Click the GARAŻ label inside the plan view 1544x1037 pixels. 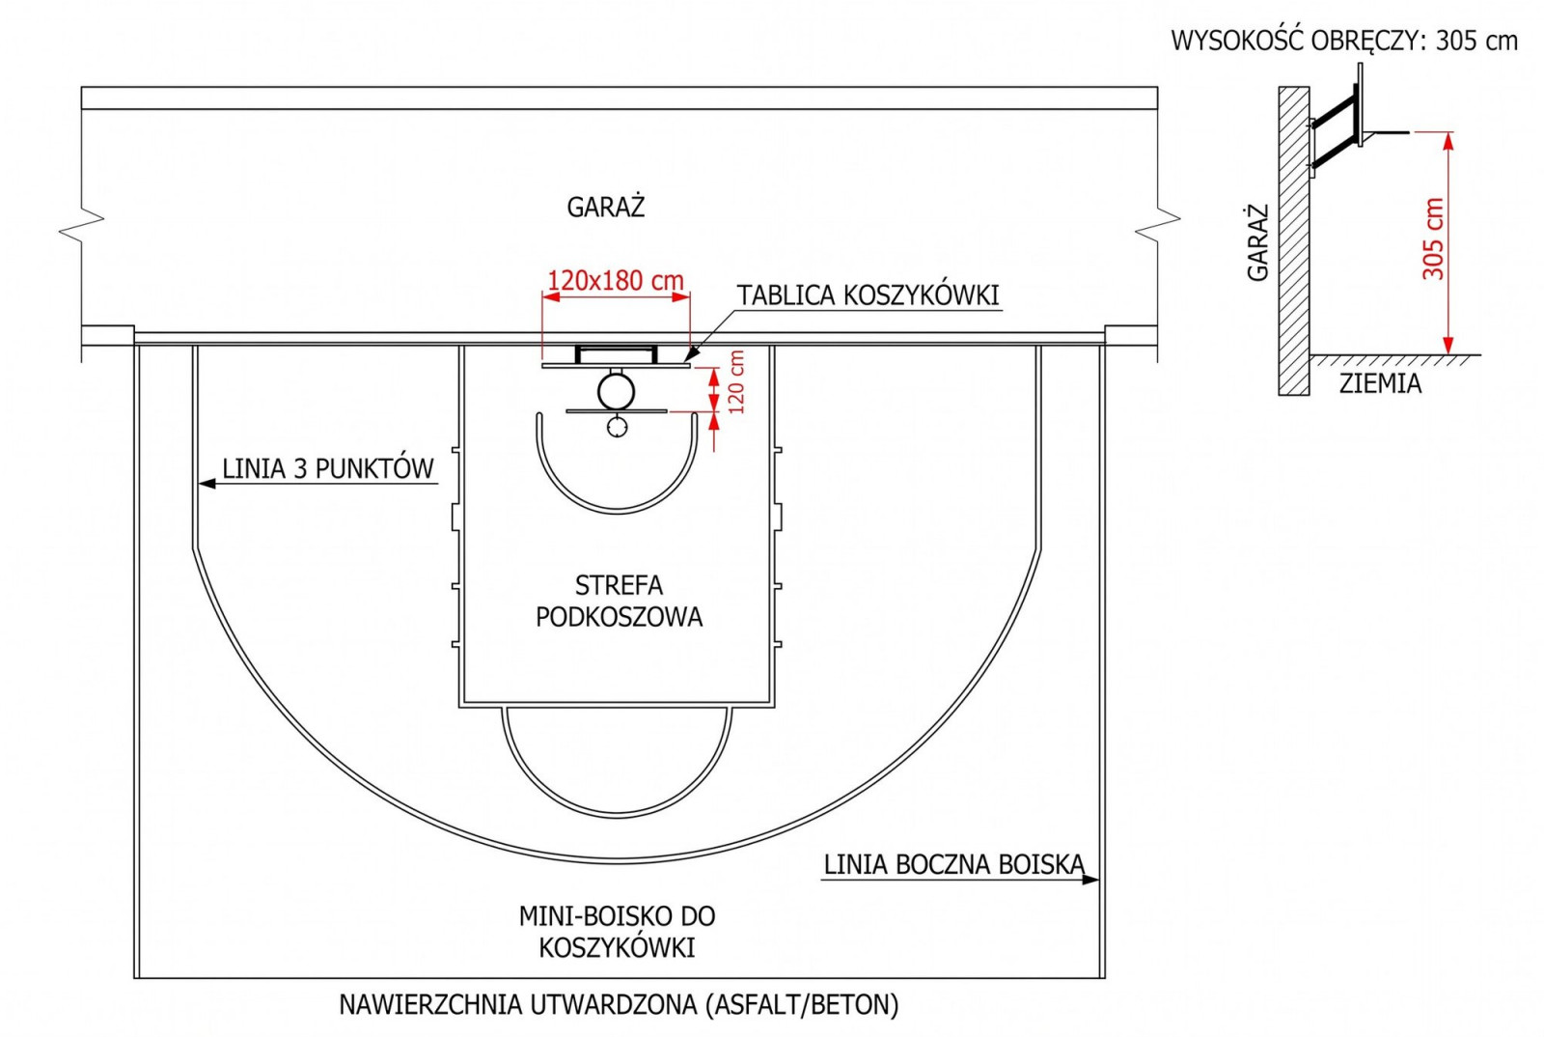pyautogui.click(x=605, y=207)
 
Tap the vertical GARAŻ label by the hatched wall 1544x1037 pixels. pyautogui.click(x=1258, y=242)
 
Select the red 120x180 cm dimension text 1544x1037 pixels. pyautogui.click(x=615, y=281)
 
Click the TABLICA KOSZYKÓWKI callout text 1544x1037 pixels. pyautogui.click(x=868, y=295)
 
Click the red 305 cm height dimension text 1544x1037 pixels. pyautogui.click(x=1433, y=238)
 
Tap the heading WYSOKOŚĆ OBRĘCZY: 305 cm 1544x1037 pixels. pyautogui.click(x=1344, y=42)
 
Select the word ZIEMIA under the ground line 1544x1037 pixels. pyautogui.click(x=1380, y=383)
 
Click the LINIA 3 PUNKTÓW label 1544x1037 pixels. pyautogui.click(x=327, y=469)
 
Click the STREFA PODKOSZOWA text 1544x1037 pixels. pyautogui.click(x=619, y=601)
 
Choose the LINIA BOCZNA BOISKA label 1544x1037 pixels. pyautogui.click(x=954, y=864)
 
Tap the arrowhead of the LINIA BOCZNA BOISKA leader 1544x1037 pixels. pyautogui.click(x=1091, y=880)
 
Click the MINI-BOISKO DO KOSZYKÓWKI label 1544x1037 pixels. pyautogui.click(x=617, y=932)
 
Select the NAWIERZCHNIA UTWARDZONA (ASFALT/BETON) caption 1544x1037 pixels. pyautogui.click(x=619, y=1005)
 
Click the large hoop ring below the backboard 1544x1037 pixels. pyautogui.click(x=598, y=392)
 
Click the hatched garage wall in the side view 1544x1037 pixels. pyautogui.click(x=1294, y=240)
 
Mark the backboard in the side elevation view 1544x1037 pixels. pyautogui.click(x=1360, y=105)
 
